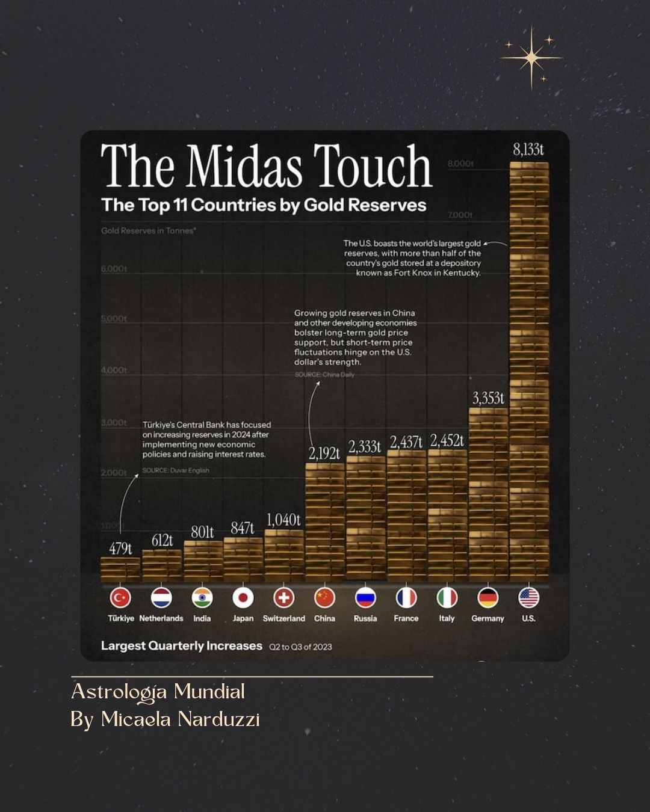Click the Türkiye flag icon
coord(120,598)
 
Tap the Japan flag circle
coord(243,598)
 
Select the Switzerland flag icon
coord(284,598)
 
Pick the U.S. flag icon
coord(528,598)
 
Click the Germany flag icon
coord(487,598)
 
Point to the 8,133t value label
coord(528,149)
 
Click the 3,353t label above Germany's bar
coord(487,398)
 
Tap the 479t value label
coord(120,549)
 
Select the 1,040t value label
coord(283,520)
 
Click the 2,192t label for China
coord(324,454)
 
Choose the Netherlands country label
coord(161,618)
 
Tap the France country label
coord(406,618)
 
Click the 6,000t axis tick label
coord(114,269)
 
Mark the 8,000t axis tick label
coord(460,164)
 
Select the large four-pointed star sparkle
coord(531,58)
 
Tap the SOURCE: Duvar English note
coord(176,470)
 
